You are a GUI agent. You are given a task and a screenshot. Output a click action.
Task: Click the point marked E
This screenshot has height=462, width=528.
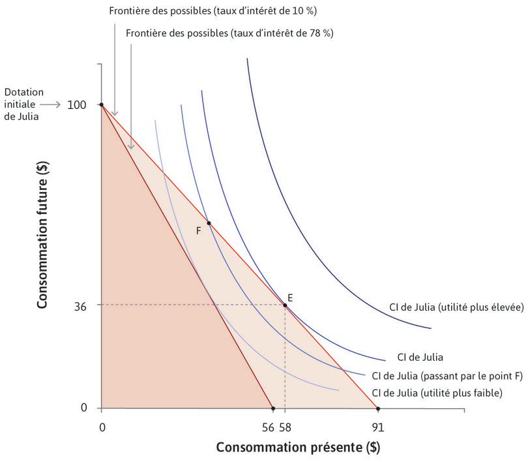285,305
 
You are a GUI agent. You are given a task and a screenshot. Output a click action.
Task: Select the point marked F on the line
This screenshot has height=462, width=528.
209,223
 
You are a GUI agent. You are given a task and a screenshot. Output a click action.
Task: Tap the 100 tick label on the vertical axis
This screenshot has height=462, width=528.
77,104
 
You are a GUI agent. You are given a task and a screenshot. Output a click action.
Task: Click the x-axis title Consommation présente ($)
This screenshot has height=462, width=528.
298,448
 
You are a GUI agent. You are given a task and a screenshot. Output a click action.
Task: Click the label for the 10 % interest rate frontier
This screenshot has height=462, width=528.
213,12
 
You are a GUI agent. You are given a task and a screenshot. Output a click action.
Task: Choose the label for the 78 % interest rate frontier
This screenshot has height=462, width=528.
229,33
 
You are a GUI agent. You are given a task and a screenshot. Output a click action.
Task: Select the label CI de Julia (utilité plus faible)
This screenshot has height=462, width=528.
437,393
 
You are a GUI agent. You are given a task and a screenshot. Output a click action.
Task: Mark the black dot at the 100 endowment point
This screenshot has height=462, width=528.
101,104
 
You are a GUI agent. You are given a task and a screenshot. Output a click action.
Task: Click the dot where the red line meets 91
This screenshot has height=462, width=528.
378,408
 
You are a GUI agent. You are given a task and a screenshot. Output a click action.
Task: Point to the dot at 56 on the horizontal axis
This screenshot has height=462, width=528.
273,408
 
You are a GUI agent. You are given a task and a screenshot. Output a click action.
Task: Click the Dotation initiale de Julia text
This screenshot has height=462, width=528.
21,104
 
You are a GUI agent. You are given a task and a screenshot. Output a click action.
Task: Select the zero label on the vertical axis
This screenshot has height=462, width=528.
83,408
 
